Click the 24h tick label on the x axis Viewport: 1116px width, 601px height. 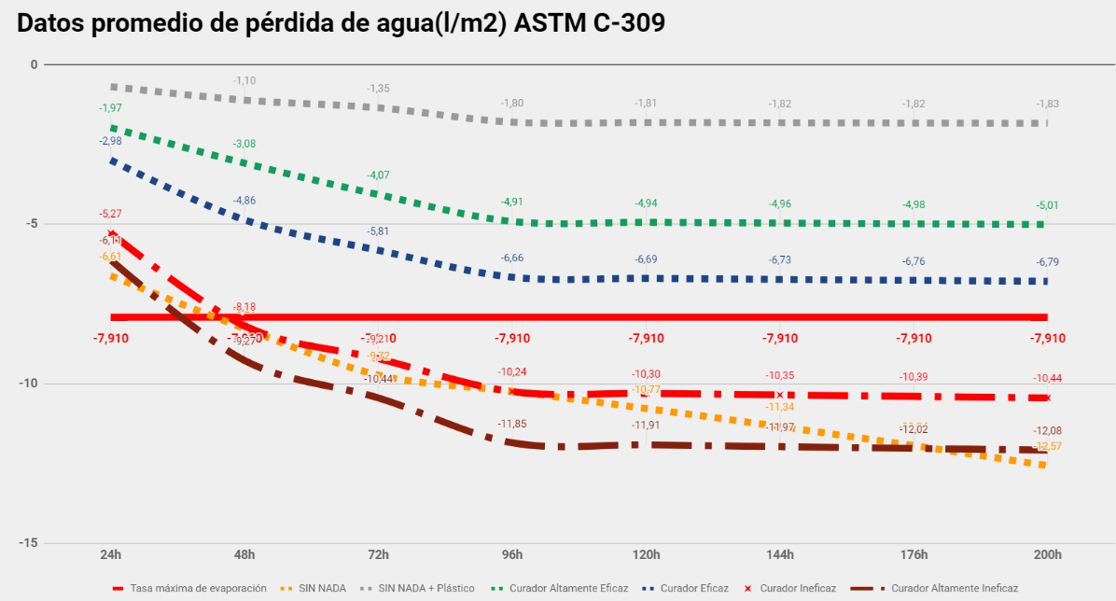[x=111, y=555]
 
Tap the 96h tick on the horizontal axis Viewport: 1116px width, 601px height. [x=512, y=555]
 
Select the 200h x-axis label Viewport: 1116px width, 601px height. [x=1048, y=555]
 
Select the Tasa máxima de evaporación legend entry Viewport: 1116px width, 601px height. [x=198, y=589]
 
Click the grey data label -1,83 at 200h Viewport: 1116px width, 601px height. [x=1048, y=104]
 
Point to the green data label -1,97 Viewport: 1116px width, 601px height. [x=111, y=108]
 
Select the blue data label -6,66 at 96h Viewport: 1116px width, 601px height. [x=512, y=258]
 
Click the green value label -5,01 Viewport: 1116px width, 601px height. [x=1048, y=205]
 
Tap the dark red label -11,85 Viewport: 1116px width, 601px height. [x=512, y=424]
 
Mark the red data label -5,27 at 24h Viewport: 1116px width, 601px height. [x=111, y=214]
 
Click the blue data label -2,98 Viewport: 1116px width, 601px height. [x=111, y=141]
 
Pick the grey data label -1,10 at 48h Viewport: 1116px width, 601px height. [x=244, y=81]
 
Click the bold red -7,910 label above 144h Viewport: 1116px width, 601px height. [x=780, y=338]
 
